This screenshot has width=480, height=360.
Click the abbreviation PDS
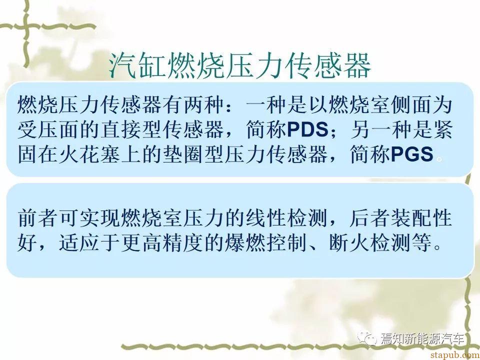click(x=307, y=129)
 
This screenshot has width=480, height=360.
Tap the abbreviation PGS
click(x=412, y=154)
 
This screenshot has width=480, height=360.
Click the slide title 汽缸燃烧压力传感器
click(x=240, y=65)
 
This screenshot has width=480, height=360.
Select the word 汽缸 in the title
click(x=138, y=65)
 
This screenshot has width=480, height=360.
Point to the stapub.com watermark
click(x=455, y=354)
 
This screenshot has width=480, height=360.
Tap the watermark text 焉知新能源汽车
click(x=422, y=339)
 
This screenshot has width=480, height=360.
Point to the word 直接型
click(x=131, y=129)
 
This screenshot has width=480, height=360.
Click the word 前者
click(x=38, y=218)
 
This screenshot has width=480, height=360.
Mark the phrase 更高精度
click(x=163, y=243)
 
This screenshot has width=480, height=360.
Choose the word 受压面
click(x=48, y=129)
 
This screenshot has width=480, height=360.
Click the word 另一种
click(x=381, y=129)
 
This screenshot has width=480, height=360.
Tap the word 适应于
click(x=90, y=243)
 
